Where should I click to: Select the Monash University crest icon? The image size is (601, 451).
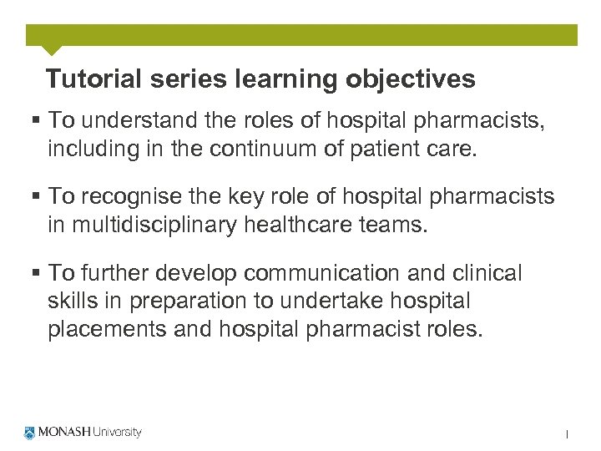point(31,433)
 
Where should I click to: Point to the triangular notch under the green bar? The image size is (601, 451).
point(51,50)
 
